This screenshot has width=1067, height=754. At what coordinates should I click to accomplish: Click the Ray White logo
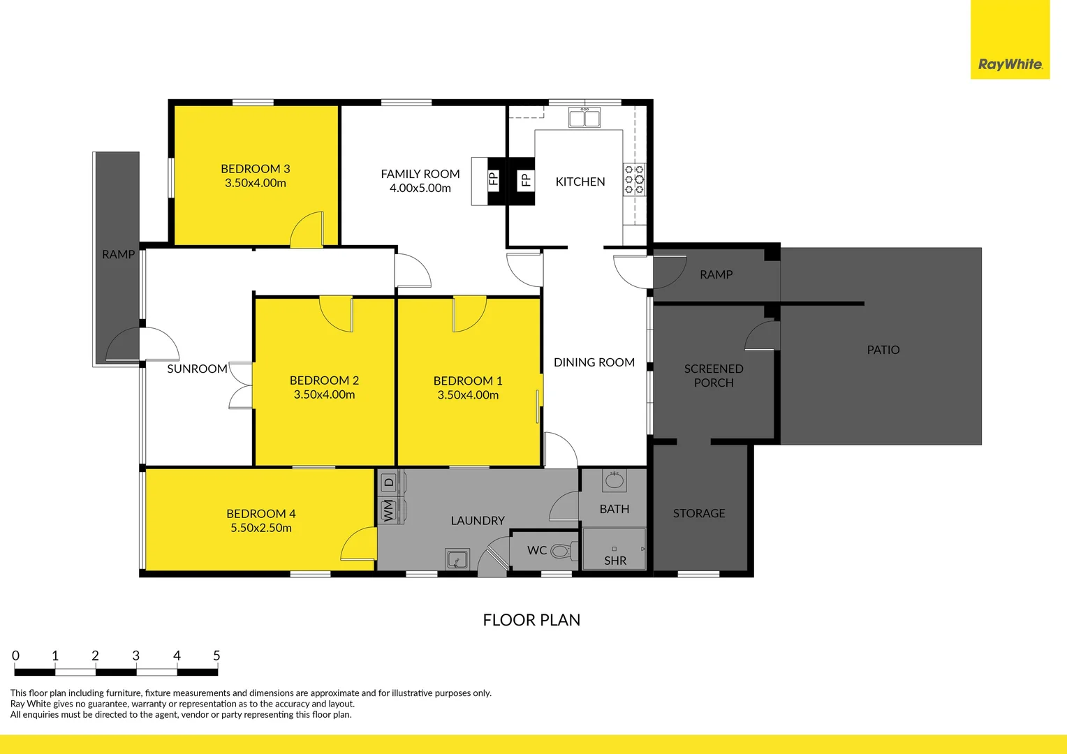[1010, 64]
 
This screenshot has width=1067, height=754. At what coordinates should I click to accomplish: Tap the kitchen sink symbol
[584, 118]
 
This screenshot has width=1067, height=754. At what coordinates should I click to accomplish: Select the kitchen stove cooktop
[634, 179]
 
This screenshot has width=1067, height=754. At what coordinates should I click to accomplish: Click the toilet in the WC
[561, 551]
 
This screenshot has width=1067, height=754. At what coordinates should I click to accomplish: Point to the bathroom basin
[615, 480]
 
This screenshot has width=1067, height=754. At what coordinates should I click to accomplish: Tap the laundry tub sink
[457, 559]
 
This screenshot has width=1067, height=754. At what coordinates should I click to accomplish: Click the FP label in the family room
[494, 179]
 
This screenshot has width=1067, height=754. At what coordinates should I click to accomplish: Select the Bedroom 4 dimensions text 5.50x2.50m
[261, 528]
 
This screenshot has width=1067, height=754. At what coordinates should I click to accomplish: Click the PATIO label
[883, 350]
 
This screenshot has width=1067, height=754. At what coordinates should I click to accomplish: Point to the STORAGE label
[699, 513]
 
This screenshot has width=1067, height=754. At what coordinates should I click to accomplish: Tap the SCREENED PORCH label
[714, 376]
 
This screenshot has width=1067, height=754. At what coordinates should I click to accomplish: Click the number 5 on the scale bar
[216, 656]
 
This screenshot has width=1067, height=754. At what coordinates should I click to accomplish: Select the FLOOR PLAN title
[531, 620]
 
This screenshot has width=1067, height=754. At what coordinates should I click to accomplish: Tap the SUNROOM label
[197, 369]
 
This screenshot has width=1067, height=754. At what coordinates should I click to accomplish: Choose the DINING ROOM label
[594, 362]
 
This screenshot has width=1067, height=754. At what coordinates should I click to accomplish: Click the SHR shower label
[615, 561]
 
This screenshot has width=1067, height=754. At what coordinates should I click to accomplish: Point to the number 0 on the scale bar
[15, 656]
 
